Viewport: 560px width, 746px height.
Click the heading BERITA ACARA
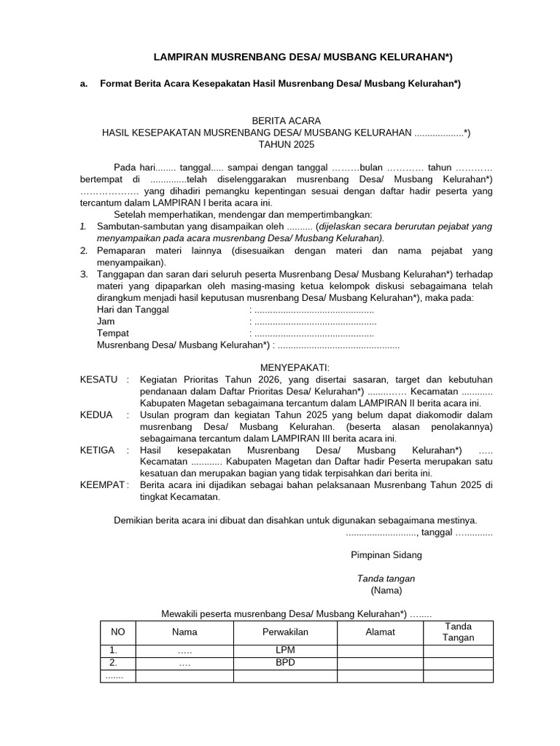pyautogui.click(x=286, y=120)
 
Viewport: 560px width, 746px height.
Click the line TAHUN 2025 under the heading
pyautogui.click(x=286, y=144)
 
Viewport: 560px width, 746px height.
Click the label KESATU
pyautogui.click(x=98, y=380)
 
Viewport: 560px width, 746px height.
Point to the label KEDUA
pyautogui.click(x=96, y=415)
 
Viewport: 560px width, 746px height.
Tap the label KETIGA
pyautogui.click(x=97, y=450)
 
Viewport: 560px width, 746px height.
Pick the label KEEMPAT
pyautogui.click(x=103, y=485)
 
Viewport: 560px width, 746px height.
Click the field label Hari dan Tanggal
pyautogui.click(x=133, y=310)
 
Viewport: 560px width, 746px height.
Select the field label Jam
pyautogui.click(x=106, y=321)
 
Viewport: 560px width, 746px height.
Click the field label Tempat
pyautogui.click(x=113, y=333)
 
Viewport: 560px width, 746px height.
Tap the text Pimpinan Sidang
pyautogui.click(x=386, y=555)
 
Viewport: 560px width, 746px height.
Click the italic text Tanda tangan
pyautogui.click(x=386, y=578)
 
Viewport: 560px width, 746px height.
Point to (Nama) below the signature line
pyautogui.click(x=386, y=590)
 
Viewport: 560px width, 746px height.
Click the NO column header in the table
pyautogui.click(x=117, y=632)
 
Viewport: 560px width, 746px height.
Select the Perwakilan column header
pyautogui.click(x=286, y=632)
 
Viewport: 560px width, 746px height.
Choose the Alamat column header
pyautogui.click(x=380, y=632)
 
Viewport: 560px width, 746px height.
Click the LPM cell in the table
pyautogui.click(x=285, y=651)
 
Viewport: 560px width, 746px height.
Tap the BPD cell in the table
pyautogui.click(x=285, y=663)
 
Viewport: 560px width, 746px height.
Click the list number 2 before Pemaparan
pyautogui.click(x=84, y=251)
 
